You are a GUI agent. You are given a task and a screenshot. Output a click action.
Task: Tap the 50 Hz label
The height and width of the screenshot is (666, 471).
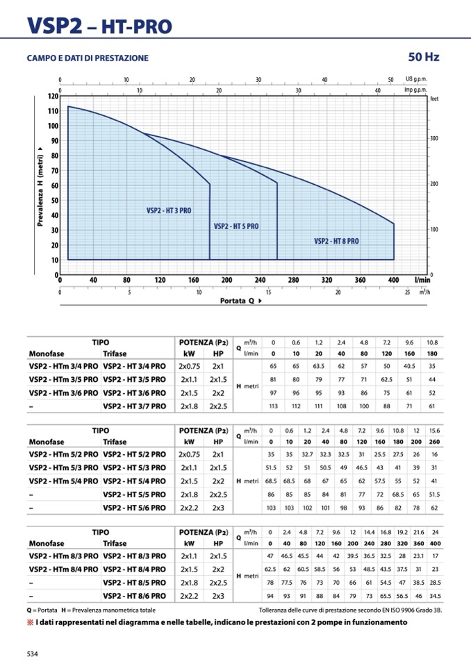424,57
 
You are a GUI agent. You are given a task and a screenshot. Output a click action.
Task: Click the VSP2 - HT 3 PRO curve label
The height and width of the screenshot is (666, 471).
169,210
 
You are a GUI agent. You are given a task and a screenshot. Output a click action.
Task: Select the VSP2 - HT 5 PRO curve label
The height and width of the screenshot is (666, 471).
236,226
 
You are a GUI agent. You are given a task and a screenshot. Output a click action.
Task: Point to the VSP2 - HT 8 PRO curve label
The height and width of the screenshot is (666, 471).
336,242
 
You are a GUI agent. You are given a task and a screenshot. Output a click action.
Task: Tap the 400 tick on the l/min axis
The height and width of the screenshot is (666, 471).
393,280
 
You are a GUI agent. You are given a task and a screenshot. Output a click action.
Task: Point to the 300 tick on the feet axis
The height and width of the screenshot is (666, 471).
433,140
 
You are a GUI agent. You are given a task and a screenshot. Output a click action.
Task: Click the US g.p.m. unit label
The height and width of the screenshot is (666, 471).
418,80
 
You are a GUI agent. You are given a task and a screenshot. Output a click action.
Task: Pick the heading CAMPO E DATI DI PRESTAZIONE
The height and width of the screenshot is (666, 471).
88,58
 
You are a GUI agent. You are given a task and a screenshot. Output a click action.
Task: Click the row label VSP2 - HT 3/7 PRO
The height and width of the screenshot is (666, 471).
134,406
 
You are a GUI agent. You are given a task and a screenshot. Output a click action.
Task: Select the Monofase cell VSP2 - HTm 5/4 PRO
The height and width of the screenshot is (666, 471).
63,481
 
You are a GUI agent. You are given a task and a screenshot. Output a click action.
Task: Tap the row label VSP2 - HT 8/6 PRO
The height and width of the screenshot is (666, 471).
134,596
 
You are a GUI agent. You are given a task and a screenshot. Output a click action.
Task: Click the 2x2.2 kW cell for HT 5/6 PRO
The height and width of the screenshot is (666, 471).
188,508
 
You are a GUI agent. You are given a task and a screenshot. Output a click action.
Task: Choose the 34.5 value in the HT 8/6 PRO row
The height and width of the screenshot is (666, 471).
435,596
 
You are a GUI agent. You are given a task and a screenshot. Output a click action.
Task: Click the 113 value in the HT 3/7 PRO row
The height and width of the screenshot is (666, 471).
273,406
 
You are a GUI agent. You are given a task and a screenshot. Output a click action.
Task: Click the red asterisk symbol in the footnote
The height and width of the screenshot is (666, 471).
31,622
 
